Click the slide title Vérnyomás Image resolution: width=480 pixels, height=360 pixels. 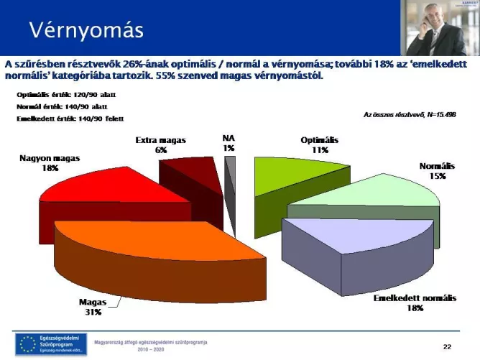tap(86, 30)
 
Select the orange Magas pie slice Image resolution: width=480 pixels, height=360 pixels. tap(144, 251)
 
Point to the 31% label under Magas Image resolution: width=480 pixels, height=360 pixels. tap(92, 313)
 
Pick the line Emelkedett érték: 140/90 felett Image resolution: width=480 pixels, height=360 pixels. tap(70, 118)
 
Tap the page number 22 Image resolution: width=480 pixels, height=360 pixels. tap(447, 347)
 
